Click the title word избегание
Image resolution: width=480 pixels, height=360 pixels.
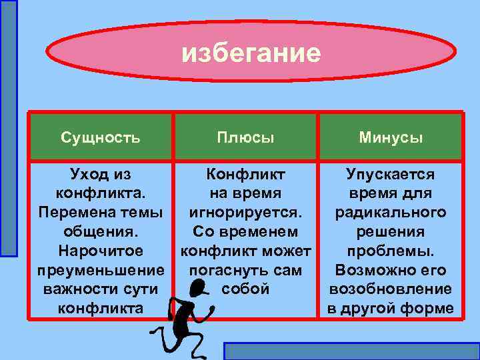click(x=251, y=52)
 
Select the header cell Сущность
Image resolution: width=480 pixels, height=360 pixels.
click(x=100, y=138)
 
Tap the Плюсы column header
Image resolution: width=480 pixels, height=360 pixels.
click(x=245, y=138)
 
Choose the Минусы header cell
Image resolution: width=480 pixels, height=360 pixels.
click(x=390, y=138)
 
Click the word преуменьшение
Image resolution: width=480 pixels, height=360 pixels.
click(x=100, y=270)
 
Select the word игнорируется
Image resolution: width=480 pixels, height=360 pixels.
click(x=245, y=213)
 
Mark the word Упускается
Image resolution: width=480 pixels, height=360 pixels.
click(x=390, y=175)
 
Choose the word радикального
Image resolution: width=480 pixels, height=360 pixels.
click(x=390, y=213)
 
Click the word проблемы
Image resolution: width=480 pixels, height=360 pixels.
click(x=390, y=251)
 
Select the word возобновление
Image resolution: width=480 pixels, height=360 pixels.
click(x=390, y=289)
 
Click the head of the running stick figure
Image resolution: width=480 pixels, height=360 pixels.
click(x=198, y=289)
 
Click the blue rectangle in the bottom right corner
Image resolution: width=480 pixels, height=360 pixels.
click(x=351, y=351)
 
